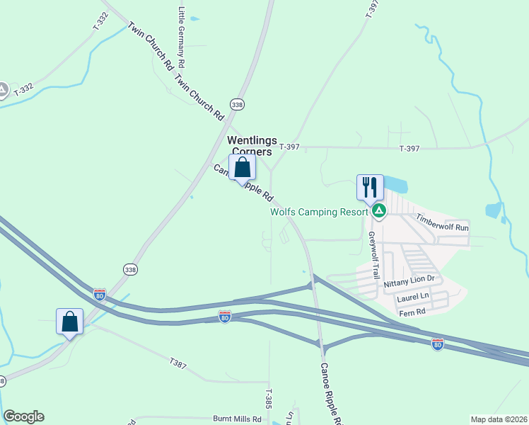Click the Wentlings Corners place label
[x=252, y=146]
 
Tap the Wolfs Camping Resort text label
[x=319, y=211]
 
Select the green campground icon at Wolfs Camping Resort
[x=379, y=210]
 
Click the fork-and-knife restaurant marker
[x=370, y=187]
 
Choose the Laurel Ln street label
[x=413, y=296]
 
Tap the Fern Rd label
[x=412, y=312]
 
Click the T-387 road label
[x=178, y=363]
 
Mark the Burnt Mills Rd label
[x=237, y=419]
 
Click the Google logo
[x=23, y=416]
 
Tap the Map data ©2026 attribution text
[x=499, y=419]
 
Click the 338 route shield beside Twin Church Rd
[x=238, y=104]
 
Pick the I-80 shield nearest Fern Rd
[x=438, y=344]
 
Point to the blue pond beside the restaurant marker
[x=395, y=185]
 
